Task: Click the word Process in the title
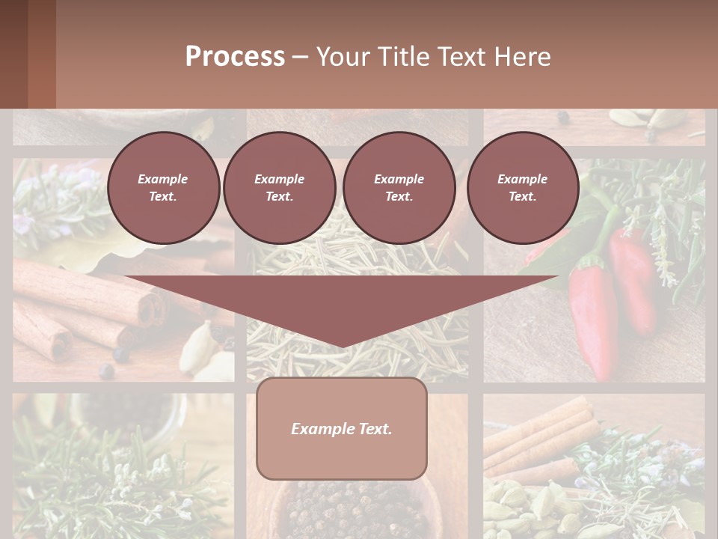point(235,57)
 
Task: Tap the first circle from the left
point(163,188)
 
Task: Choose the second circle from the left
point(280,188)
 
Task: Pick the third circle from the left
point(399,188)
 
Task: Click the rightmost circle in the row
point(523,188)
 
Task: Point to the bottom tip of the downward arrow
point(342,347)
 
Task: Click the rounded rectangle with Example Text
point(342,428)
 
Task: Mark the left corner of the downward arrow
point(126,277)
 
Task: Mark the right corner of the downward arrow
point(558,277)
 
